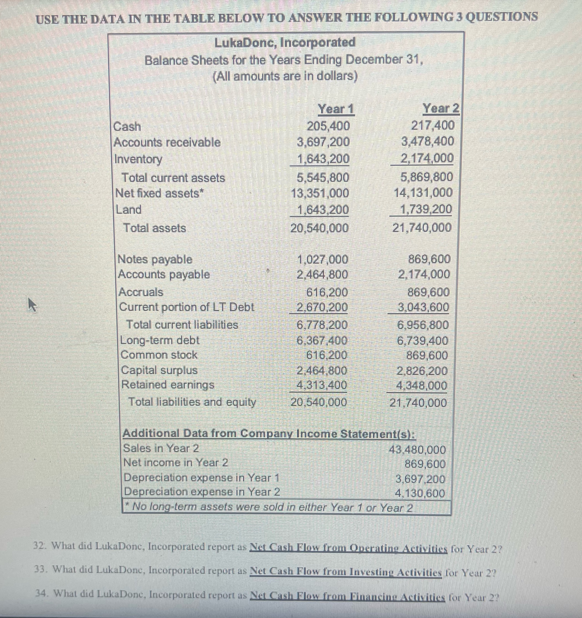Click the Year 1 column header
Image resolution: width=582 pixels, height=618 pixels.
336,109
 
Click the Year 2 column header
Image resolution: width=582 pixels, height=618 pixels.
441,109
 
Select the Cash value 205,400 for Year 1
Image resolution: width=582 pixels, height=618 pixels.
328,126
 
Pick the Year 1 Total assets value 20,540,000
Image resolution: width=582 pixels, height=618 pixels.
319,228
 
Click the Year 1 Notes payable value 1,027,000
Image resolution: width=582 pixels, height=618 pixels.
323,259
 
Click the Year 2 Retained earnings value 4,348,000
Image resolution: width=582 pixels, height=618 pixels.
421,386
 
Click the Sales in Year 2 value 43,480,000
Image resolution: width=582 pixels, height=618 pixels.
418,449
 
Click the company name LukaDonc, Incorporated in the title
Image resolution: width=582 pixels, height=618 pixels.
285,42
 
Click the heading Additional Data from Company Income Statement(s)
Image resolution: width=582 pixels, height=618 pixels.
269,433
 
